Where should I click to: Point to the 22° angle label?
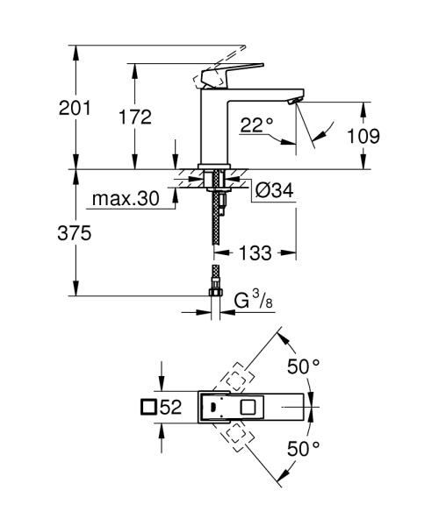click(x=255, y=125)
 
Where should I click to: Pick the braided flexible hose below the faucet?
click(x=213, y=228)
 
